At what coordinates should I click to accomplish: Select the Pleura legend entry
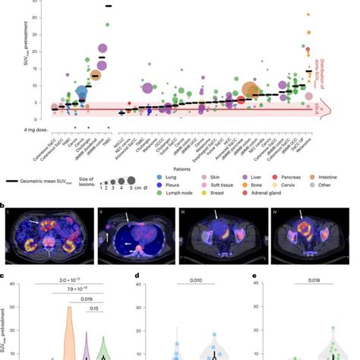164,182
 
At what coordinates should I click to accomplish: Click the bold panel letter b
3,203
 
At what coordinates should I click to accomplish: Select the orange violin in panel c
71,330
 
